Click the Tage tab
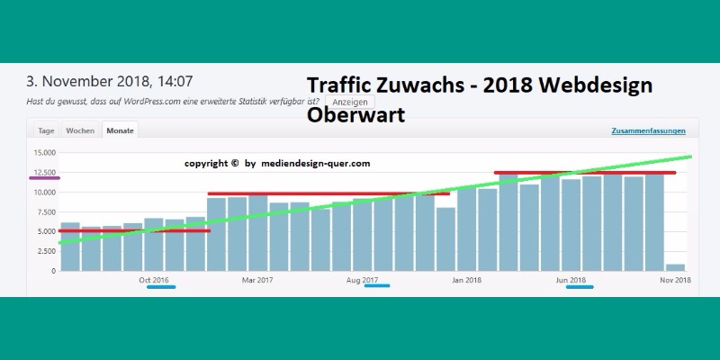pyautogui.click(x=45, y=130)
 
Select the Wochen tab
pyautogui.click(x=80, y=130)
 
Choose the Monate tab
pyautogui.click(x=120, y=130)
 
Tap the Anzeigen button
pyautogui.click(x=350, y=102)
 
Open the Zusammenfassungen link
pyautogui.click(x=648, y=131)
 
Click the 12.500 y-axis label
pyautogui.click(x=44, y=172)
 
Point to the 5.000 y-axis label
pyautogui.click(x=46, y=231)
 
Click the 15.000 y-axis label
pyautogui.click(x=44, y=152)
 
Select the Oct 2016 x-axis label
pyautogui.click(x=154, y=280)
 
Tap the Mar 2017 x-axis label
pyautogui.click(x=257, y=280)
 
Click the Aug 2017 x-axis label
pyautogui.click(x=362, y=280)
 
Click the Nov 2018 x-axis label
pyautogui.click(x=675, y=280)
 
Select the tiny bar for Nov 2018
pyautogui.click(x=675, y=266)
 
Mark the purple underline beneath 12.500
pyautogui.click(x=44, y=178)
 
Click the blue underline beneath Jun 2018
pyautogui.click(x=573, y=287)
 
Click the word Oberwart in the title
pyautogui.click(x=355, y=116)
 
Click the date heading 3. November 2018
pyautogui.click(x=110, y=81)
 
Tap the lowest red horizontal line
pyautogui.click(x=133, y=231)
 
